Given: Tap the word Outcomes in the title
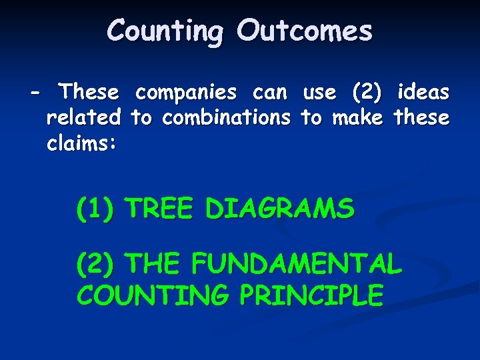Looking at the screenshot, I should tap(305, 31).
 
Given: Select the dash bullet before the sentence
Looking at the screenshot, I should tap(35, 91).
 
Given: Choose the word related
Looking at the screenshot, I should tap(83, 118).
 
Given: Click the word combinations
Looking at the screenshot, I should tap(227, 118).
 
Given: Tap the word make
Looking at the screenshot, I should tap(357, 118).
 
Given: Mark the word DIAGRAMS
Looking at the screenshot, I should tap(279, 209).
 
